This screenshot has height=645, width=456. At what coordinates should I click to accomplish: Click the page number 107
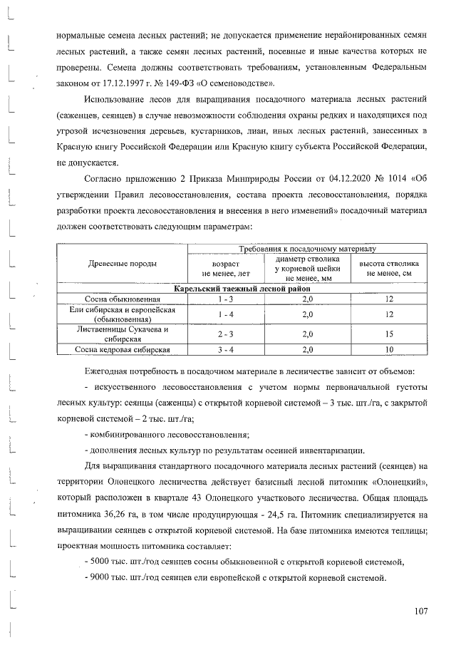coord(420,610)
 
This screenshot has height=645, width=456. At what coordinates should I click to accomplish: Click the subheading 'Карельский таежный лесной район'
coord(242,288)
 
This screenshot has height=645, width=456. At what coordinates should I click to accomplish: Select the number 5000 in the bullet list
coord(102,562)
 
